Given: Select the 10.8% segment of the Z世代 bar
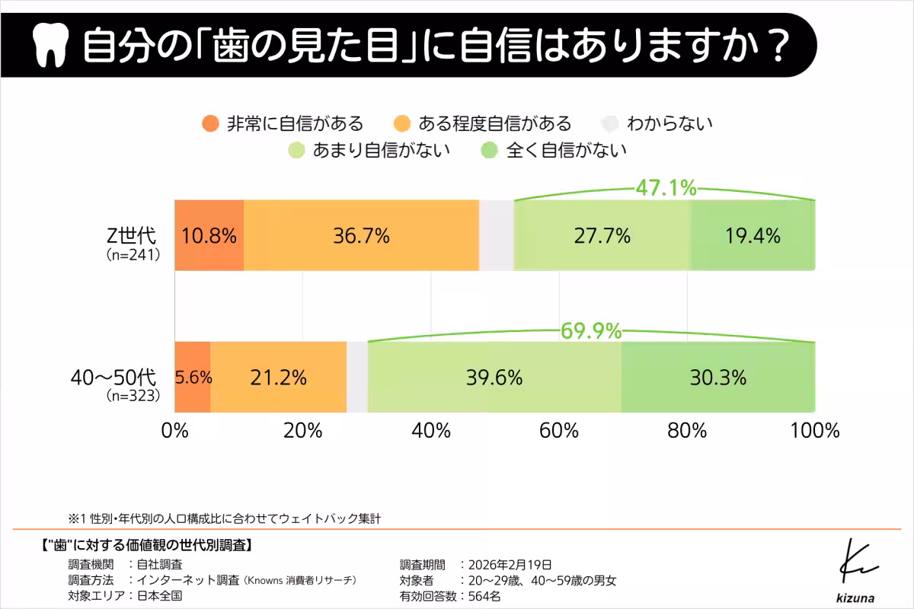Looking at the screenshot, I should click(209, 235).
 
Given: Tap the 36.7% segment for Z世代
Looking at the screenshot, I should click(361, 235).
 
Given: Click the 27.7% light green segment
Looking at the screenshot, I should click(602, 235).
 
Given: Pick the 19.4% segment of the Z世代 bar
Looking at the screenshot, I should click(753, 235).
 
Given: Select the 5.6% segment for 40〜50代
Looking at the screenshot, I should click(193, 377).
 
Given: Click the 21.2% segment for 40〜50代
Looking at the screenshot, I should click(278, 377).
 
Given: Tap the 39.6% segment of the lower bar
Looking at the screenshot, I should click(494, 377).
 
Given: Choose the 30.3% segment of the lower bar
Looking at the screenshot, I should click(717, 377).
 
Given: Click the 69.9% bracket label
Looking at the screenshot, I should click(591, 331).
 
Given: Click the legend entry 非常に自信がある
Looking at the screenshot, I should click(282, 123).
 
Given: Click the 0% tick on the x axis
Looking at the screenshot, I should click(175, 430).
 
